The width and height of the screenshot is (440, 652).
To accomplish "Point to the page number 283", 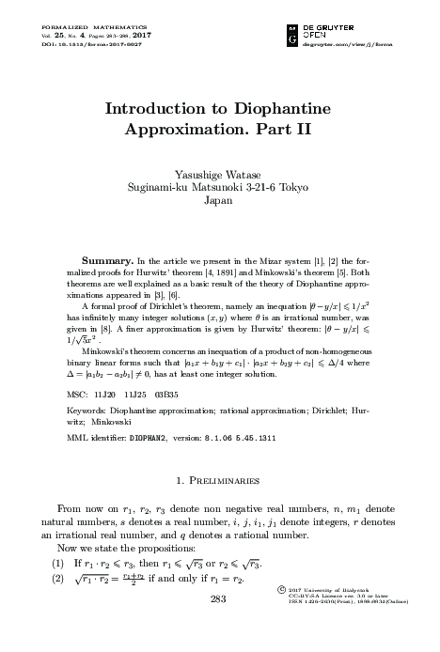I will pos(218,627).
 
